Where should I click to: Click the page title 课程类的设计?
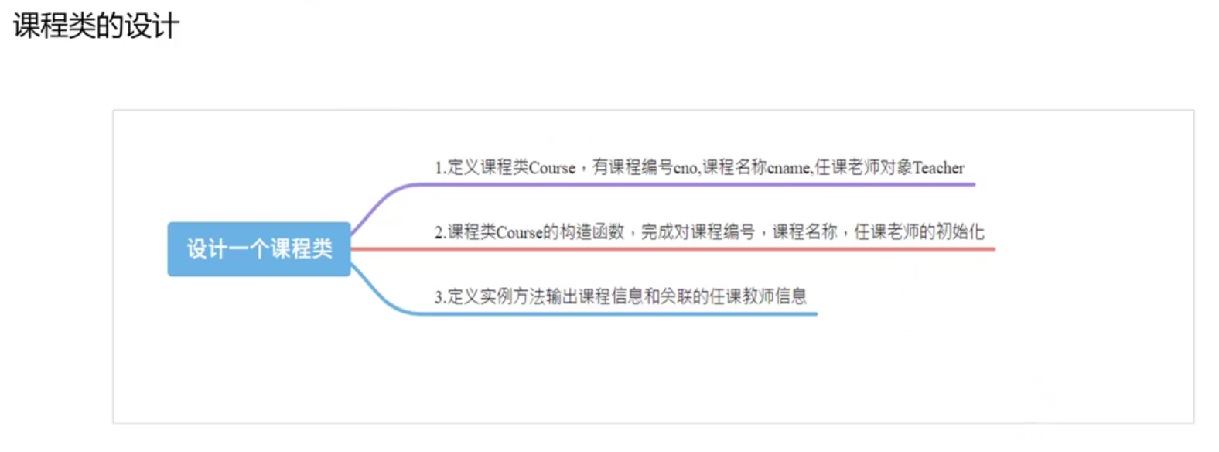(x=96, y=26)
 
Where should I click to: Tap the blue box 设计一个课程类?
(x=259, y=248)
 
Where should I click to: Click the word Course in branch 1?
(x=552, y=168)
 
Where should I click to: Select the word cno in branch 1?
(x=685, y=168)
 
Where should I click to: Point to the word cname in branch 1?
(x=789, y=168)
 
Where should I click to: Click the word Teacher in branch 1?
(x=938, y=168)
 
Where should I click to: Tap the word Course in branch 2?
(x=519, y=232)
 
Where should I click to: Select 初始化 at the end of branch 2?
(x=960, y=232)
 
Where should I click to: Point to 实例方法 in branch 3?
(x=512, y=296)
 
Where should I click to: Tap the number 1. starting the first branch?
(x=440, y=168)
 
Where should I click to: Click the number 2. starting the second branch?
(x=440, y=232)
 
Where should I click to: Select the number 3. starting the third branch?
(x=440, y=296)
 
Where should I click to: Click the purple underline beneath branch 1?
(x=696, y=184)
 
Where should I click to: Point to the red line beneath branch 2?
(x=696, y=249)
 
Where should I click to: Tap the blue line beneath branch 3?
(x=619, y=313)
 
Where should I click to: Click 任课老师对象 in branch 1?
(x=863, y=168)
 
